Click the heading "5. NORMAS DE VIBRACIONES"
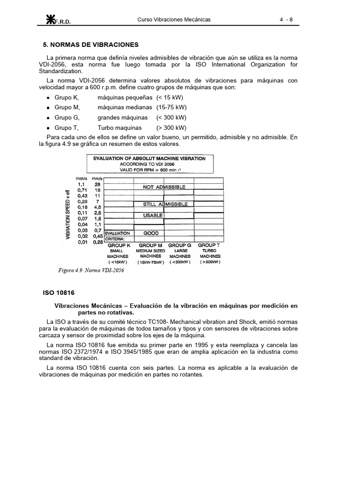pyautogui.click(x=90, y=45)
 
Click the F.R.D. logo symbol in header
pyautogui.click(x=50, y=19)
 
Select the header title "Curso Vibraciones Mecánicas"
pyautogui.click(x=173, y=20)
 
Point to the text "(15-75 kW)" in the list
pyautogui.click(x=172, y=107)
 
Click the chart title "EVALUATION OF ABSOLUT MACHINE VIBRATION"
pyautogui.click(x=149, y=158)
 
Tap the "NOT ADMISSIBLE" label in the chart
pyautogui.click(x=161, y=187)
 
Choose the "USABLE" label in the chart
pyautogui.click(x=153, y=216)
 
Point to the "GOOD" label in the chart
pyautogui.click(x=151, y=233)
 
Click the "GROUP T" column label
pyautogui.click(x=207, y=245)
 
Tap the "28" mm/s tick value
pyautogui.click(x=97, y=185)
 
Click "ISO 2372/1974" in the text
pyautogui.click(x=82, y=351)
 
